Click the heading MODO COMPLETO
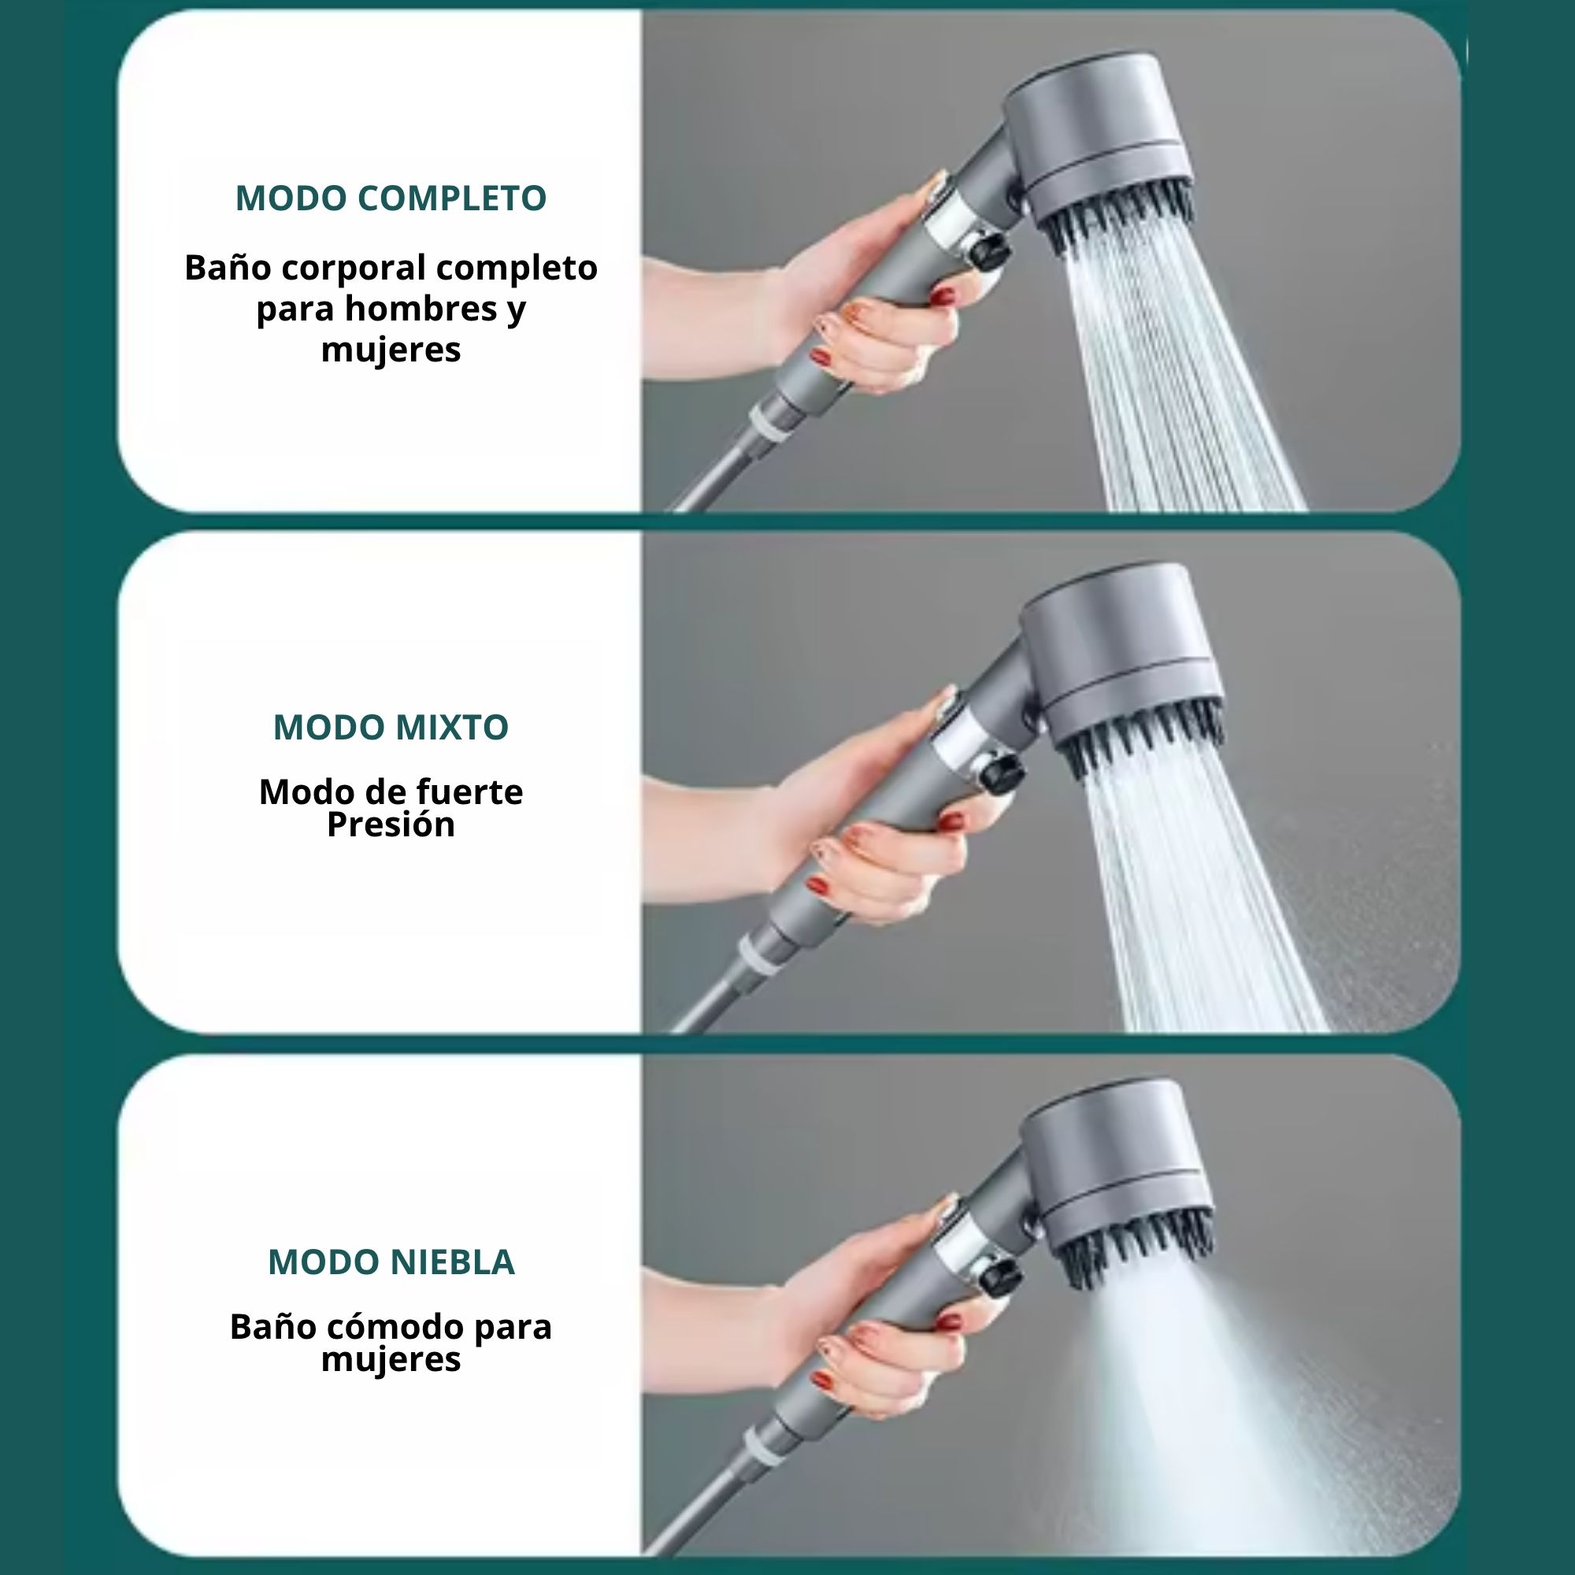click(x=391, y=198)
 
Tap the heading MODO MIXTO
click(x=391, y=727)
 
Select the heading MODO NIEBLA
click(x=391, y=1262)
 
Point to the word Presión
click(x=391, y=825)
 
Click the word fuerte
click(x=469, y=791)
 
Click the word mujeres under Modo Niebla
click(x=391, y=1360)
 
